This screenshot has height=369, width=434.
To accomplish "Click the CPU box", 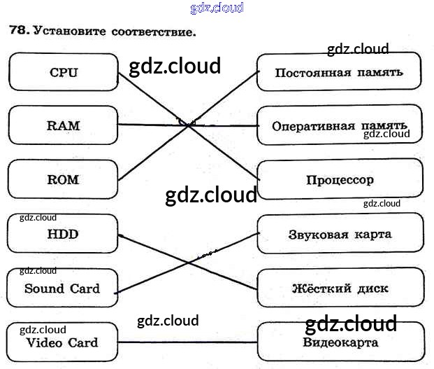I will point(64,72).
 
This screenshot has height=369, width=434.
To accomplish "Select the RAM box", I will point(64,126).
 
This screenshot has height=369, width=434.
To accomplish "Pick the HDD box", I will point(63,234).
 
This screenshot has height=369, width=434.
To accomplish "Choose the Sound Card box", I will point(62,288).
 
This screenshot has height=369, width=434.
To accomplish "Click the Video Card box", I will point(62,343).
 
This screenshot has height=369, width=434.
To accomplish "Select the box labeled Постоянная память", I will point(339,72).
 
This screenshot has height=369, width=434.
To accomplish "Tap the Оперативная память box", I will point(339,126).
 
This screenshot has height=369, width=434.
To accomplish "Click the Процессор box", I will point(340,179).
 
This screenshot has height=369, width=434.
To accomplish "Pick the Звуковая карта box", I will point(340,234).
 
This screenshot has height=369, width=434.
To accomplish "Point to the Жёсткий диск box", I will point(340,288).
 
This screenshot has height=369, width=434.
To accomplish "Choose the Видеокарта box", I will point(340,342).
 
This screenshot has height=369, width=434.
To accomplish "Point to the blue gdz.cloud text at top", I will point(217,8).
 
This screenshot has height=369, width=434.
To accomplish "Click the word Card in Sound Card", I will point(85,288).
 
